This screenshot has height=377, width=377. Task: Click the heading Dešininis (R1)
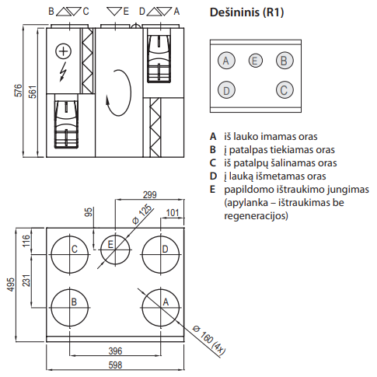(246, 12)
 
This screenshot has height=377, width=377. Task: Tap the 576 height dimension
(19, 90)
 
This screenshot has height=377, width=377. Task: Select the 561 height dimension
(33, 92)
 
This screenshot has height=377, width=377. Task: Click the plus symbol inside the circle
(64, 51)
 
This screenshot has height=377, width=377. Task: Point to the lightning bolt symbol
(62, 72)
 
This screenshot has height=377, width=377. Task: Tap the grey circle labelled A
(226, 61)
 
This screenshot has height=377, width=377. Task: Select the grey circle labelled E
(255, 61)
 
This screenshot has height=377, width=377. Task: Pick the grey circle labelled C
(284, 90)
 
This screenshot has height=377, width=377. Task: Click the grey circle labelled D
(226, 90)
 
